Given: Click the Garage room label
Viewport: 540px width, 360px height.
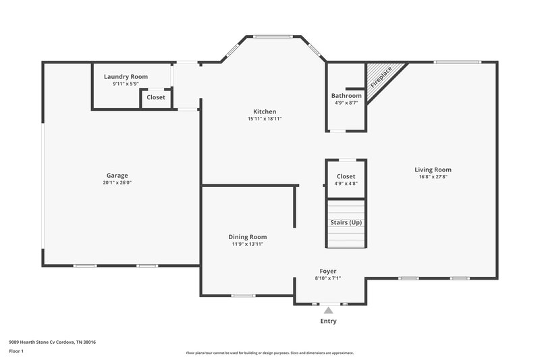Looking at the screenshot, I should click(x=116, y=175).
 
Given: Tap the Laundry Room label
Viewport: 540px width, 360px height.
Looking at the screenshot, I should click(x=126, y=77).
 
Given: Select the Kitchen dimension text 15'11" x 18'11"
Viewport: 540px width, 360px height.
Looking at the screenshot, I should click(x=264, y=119).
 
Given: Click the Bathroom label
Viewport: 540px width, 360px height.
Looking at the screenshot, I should click(x=346, y=96).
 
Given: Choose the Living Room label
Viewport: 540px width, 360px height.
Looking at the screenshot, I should click(x=433, y=170).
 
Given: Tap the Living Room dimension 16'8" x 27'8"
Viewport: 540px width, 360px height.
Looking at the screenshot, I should click(x=433, y=177).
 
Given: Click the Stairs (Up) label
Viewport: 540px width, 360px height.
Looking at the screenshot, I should click(x=346, y=222).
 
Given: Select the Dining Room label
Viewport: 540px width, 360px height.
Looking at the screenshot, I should click(x=247, y=236).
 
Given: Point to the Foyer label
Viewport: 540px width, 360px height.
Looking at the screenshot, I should click(x=328, y=271).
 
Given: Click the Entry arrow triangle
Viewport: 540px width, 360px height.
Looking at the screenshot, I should click(x=328, y=311).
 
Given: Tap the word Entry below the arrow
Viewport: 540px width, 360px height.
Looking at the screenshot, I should click(x=328, y=322).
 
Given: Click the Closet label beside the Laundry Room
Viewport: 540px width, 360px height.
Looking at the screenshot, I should click(x=156, y=97).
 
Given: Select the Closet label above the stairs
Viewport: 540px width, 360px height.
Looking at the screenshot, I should click(x=346, y=176).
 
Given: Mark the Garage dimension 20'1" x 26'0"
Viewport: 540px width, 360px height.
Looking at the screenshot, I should click(x=116, y=182).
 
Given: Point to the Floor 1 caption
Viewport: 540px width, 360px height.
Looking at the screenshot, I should click(x=17, y=352).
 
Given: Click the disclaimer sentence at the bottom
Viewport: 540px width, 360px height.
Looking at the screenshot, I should click(x=269, y=353).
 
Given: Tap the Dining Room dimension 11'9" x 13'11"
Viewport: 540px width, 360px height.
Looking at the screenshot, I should click(x=247, y=244).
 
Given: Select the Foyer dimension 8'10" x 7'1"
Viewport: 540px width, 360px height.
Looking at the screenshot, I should click(x=328, y=278).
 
